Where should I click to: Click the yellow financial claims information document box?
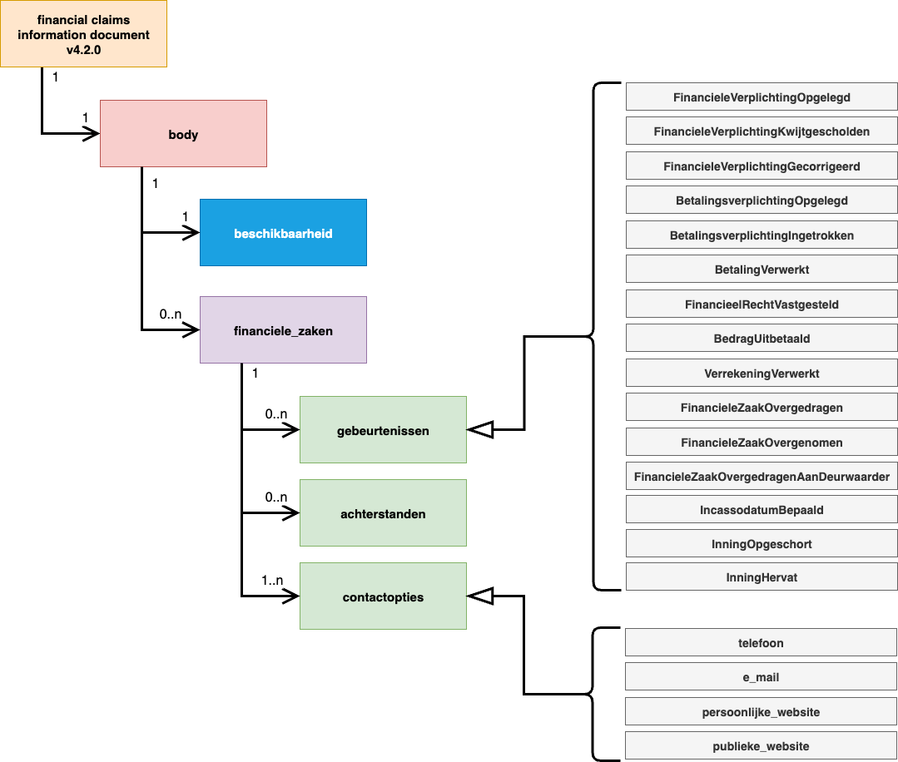(83, 34)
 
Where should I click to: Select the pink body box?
(183, 134)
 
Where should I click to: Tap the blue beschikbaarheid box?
(283, 233)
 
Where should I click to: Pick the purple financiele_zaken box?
(283, 330)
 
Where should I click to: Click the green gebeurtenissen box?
(383, 430)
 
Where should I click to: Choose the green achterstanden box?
(383, 513)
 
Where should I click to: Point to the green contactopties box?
(383, 596)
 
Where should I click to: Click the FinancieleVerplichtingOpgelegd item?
(762, 97)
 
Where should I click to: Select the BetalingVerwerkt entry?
(762, 270)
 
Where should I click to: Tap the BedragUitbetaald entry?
(762, 339)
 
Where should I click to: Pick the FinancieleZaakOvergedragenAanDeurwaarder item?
(762, 477)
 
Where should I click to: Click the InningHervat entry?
(762, 576)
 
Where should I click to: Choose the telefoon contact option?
(762, 643)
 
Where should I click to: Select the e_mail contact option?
(762, 677)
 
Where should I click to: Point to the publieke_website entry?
(762, 746)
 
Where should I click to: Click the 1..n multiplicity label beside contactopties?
(272, 581)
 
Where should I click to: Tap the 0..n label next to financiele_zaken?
(171, 315)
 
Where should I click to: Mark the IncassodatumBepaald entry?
(762, 509)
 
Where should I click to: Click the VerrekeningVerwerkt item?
(762, 374)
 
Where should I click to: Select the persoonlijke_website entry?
(762, 712)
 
